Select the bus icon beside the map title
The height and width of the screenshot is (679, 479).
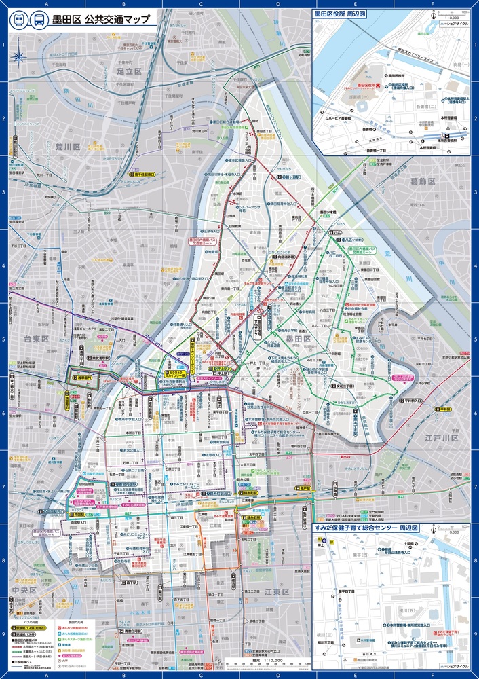coord(39,20)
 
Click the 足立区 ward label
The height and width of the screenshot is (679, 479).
coord(128,71)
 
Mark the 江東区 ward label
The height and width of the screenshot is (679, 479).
coord(276,592)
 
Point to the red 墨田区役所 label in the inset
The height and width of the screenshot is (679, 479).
coord(370,86)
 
